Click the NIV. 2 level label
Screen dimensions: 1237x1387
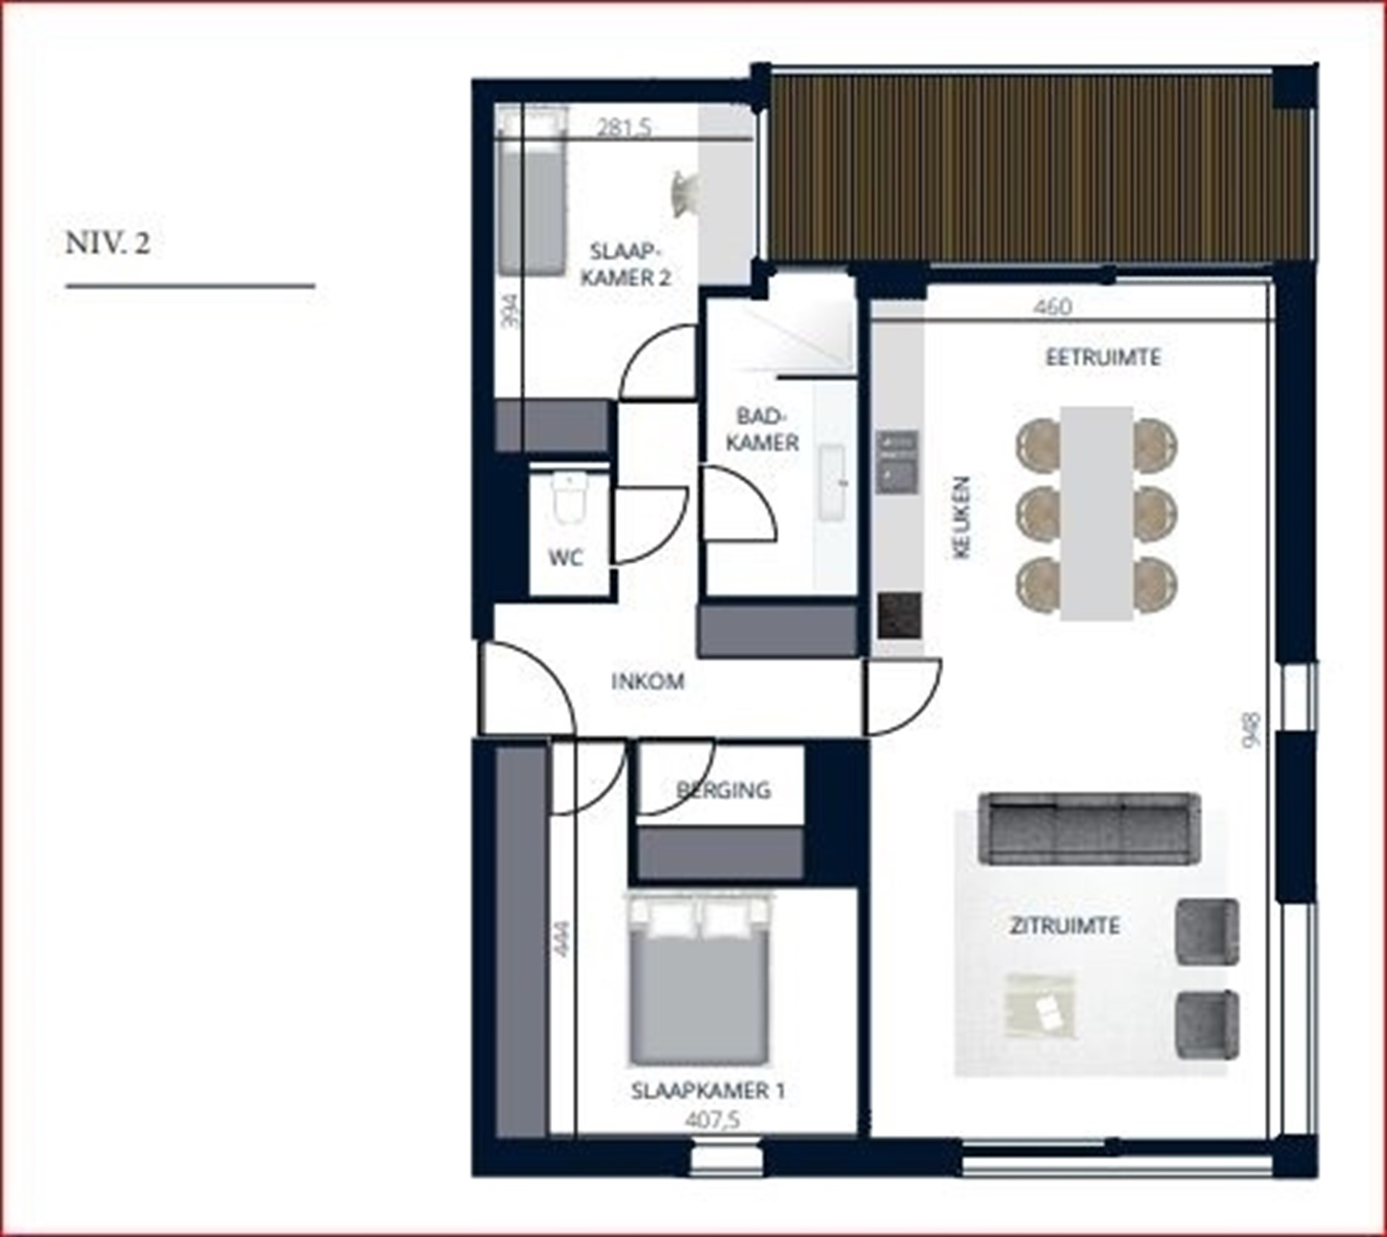108,243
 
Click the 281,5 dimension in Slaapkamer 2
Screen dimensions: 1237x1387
624,128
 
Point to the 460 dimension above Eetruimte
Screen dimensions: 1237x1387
1053,307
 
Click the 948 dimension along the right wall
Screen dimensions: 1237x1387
1253,729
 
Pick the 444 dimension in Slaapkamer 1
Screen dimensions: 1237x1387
561,937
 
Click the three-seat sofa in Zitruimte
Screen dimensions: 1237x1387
1089,828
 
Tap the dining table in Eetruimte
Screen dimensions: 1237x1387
1096,513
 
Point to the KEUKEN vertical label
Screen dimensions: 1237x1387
962,517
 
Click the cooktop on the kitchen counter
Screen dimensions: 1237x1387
897,461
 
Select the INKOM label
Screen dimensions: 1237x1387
648,682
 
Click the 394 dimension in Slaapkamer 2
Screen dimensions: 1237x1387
511,311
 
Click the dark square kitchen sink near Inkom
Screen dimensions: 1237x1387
899,615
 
